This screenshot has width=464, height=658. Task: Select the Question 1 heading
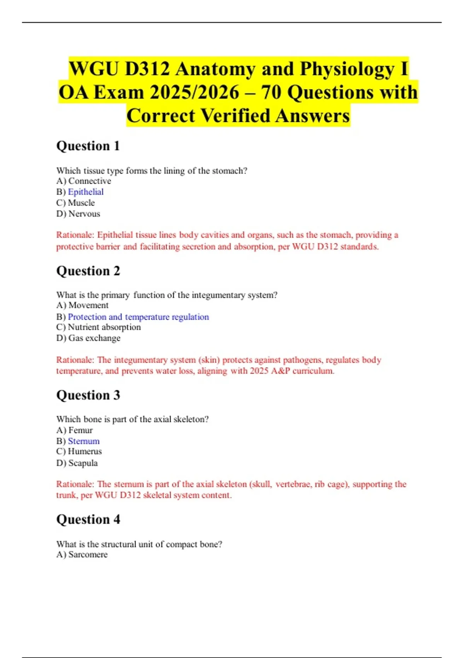tap(88, 146)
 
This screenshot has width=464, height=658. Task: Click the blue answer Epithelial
tap(85, 192)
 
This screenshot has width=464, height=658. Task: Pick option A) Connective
tap(84, 181)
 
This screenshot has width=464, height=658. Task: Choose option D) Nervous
tap(78, 214)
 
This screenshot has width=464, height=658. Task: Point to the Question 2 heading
tap(88, 271)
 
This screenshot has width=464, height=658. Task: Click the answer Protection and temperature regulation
tap(138, 317)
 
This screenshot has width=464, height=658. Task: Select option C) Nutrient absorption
tap(99, 327)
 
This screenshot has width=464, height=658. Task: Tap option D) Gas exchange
tap(88, 338)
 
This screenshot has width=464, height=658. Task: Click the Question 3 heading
tap(88, 395)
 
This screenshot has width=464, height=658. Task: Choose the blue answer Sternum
tap(84, 441)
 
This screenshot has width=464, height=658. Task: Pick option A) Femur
tap(75, 430)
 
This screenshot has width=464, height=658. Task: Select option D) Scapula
tap(77, 463)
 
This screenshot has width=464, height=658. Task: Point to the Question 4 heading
tap(88, 519)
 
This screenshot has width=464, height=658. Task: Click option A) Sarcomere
tap(82, 554)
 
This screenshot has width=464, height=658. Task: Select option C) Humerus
tap(79, 451)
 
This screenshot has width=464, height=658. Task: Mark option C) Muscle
tap(75, 203)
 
